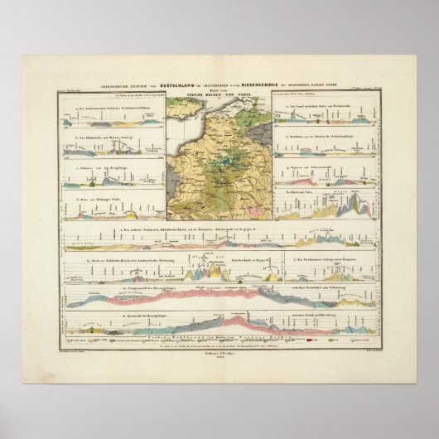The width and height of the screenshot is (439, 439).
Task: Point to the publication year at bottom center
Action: [x=219, y=357]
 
